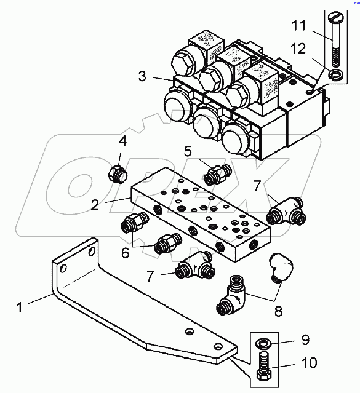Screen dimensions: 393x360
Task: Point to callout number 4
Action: point(122,141)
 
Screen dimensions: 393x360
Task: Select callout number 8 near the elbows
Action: point(278,311)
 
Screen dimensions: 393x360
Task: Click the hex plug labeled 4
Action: point(117,173)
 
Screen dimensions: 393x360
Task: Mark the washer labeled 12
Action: point(335,76)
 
